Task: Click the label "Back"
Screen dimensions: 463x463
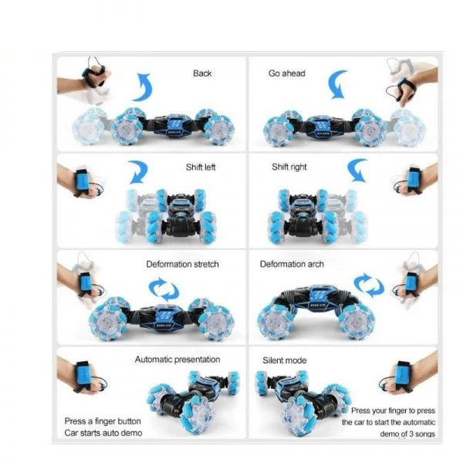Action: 202,73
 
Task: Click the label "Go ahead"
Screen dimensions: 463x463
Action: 287,73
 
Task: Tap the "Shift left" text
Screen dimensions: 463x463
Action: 201,167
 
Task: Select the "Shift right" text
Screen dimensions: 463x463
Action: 289,167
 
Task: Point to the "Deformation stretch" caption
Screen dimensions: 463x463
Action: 182,264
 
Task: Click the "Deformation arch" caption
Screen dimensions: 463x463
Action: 292,264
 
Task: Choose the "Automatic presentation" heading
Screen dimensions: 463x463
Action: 177,360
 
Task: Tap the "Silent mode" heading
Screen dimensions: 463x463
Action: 284,360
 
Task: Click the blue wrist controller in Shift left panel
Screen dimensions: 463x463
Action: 83,181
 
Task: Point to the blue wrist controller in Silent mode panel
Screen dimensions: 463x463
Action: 401,375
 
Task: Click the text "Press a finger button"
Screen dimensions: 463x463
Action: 103,421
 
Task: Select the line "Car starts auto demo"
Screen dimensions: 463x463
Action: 103,433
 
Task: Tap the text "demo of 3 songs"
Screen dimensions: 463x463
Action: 407,434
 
